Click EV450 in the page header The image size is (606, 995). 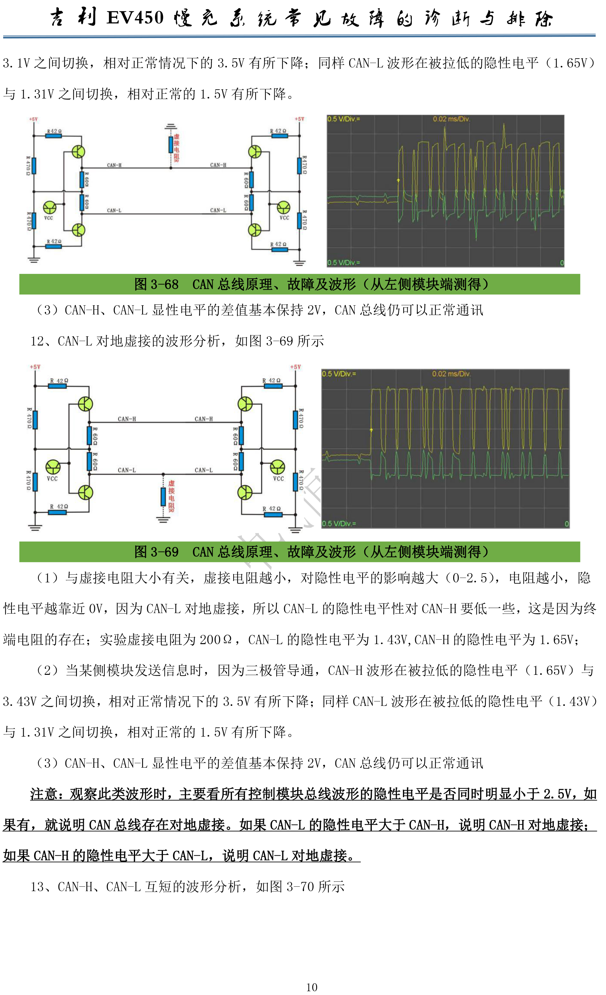coord(135,18)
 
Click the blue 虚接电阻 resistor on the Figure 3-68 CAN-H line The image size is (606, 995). coord(171,145)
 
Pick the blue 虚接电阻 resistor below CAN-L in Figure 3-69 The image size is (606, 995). coord(163,496)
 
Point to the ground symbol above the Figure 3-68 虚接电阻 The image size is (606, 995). coord(171,127)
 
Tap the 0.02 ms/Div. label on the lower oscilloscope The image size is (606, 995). coord(451,374)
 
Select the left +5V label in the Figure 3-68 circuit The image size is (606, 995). coord(33,119)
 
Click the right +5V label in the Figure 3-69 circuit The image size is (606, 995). coord(295,367)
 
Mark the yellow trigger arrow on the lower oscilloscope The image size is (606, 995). coord(371,430)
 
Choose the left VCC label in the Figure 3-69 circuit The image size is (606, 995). coord(52,479)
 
